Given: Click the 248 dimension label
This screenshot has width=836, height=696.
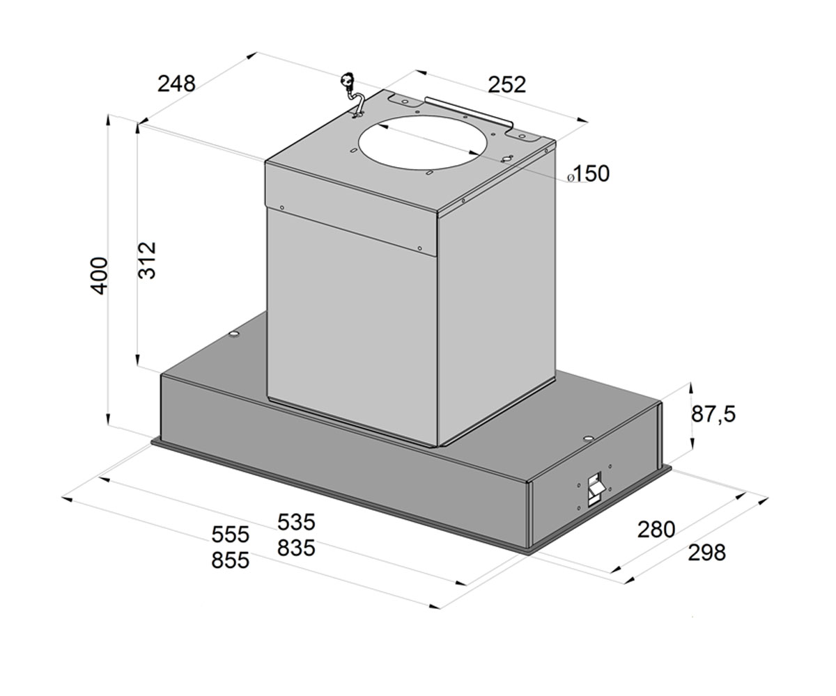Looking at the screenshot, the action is [176, 84].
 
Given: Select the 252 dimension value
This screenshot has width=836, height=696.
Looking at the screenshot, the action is [506, 85].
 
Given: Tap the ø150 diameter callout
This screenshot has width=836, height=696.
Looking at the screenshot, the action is [588, 173].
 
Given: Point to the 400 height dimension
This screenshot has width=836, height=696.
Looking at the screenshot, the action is [99, 276].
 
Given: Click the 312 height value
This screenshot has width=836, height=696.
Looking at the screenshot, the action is [146, 260].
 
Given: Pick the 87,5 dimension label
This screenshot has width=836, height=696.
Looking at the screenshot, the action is [713, 413].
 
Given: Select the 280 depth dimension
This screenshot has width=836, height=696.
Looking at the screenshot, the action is [656, 530].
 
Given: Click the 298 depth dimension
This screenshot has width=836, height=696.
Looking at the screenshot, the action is [706, 553].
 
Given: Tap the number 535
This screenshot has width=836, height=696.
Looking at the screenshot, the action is [296, 522].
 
